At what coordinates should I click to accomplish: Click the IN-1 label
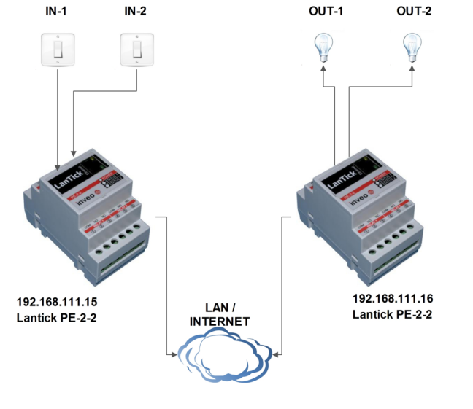coord(56,12)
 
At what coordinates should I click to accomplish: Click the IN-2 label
coord(136,12)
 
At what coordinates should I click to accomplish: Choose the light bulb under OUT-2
coord(414,48)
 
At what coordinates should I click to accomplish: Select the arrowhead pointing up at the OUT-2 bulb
coord(414,70)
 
